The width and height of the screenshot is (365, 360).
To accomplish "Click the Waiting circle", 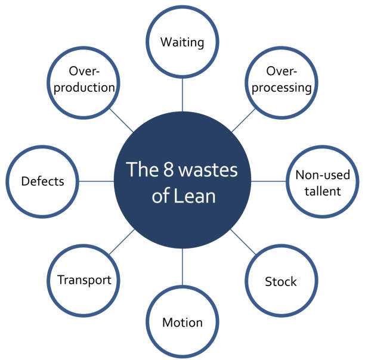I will click(x=182, y=43).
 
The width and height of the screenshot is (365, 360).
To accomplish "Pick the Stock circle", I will click(x=280, y=281).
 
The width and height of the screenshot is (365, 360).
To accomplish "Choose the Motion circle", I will click(x=182, y=322).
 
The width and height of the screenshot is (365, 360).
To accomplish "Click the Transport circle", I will click(x=84, y=280).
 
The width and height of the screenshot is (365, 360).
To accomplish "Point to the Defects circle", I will click(x=42, y=181).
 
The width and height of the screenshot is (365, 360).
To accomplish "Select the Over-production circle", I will click(x=83, y=80).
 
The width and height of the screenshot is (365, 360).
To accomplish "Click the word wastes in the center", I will click(x=209, y=170).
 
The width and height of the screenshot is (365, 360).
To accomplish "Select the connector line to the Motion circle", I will click(x=182, y=271).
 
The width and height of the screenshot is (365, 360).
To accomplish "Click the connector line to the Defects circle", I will click(x=97, y=181).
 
